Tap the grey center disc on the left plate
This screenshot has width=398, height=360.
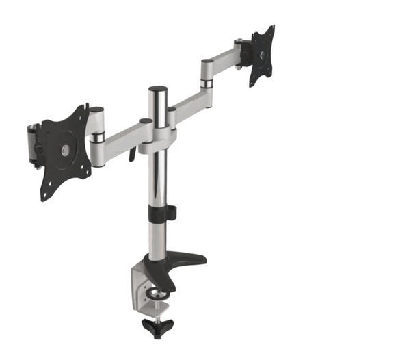65,149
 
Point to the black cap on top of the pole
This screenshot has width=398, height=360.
158,90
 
